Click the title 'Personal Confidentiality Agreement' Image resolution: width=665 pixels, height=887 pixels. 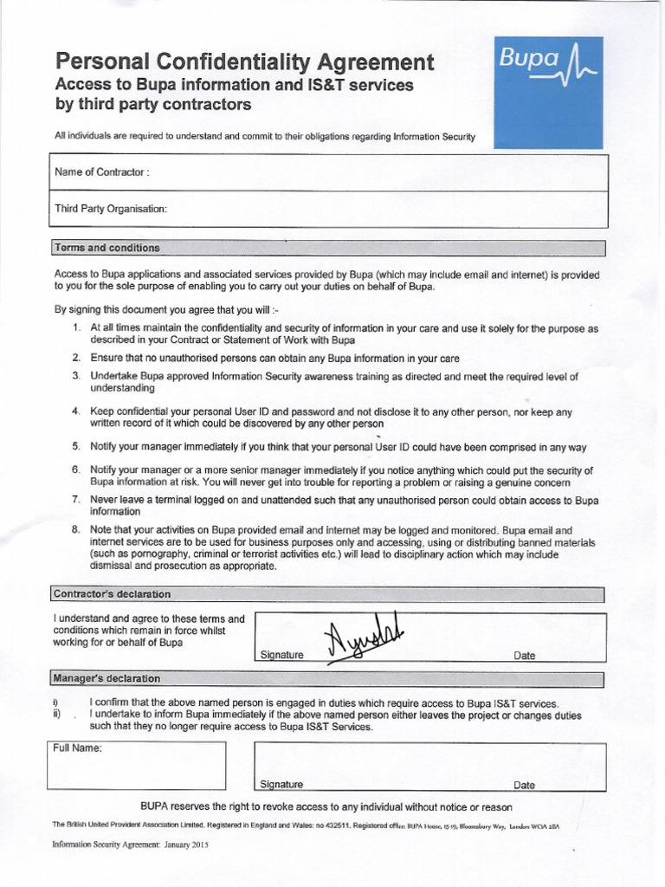pyautogui.click(x=242, y=62)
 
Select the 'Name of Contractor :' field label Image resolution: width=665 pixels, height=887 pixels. pyautogui.click(x=102, y=172)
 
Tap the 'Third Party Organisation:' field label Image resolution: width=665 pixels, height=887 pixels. pyautogui.click(x=110, y=209)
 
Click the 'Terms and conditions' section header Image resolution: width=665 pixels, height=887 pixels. pyautogui.click(x=107, y=248)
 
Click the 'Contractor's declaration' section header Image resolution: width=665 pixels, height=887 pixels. pyautogui.click(x=112, y=594)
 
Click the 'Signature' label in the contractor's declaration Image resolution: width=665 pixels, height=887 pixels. pyautogui.click(x=281, y=656)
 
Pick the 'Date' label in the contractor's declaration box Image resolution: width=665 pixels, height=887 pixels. pyautogui.click(x=524, y=656)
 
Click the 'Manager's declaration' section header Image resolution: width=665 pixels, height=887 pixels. pyautogui.click(x=107, y=677)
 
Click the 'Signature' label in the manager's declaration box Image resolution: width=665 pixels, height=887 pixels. pyautogui.click(x=281, y=785)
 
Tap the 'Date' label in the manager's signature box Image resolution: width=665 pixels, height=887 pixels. pyautogui.click(x=524, y=786)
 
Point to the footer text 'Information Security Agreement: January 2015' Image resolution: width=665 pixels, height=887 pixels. pyautogui.click(x=131, y=843)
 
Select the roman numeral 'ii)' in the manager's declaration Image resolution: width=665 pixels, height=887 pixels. pyautogui.click(x=56, y=715)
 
